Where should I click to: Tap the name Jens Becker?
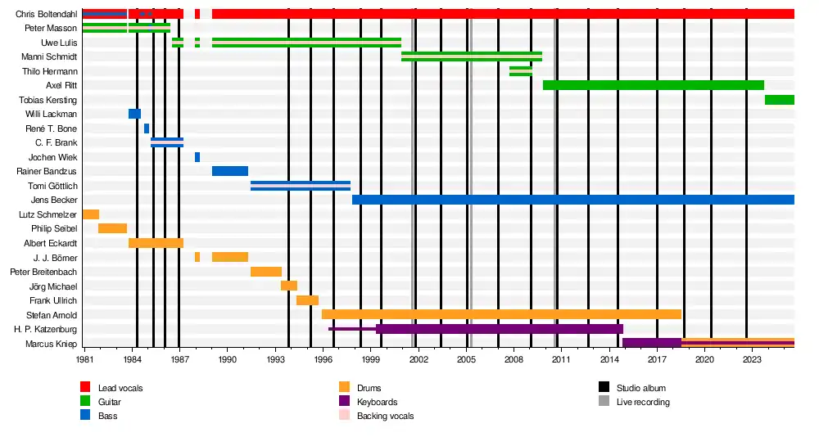click(54, 200)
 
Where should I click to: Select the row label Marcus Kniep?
click(51, 344)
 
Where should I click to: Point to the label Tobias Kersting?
click(48, 100)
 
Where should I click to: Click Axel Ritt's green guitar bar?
click(653, 85)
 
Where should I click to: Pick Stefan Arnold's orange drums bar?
click(501, 314)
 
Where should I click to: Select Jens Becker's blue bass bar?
click(572, 200)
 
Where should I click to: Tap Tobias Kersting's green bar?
click(779, 100)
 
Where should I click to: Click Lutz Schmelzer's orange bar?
click(91, 214)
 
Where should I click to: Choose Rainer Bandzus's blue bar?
click(229, 171)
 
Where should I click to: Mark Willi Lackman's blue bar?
click(134, 114)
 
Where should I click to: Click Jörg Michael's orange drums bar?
click(288, 286)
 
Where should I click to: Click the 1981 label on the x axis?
click(84, 359)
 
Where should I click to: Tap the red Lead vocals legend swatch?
click(85, 387)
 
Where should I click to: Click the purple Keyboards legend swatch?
click(344, 402)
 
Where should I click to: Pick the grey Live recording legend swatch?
click(604, 402)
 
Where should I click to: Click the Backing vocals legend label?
click(385, 417)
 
